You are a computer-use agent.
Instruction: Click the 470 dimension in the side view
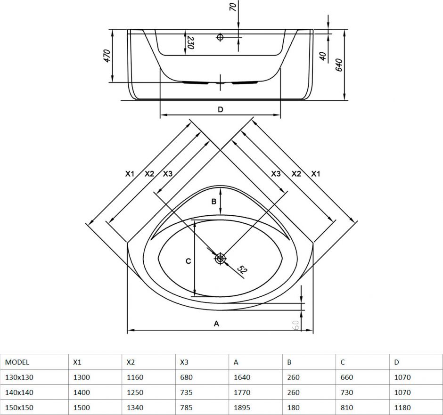[107, 56]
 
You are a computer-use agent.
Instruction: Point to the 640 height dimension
[339, 65]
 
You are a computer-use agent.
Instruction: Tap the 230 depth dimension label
[190, 42]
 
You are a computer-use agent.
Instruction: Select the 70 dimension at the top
[233, 6]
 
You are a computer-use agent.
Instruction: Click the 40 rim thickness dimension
[323, 56]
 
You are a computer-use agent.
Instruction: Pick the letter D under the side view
[221, 110]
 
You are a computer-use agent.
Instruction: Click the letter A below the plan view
[216, 324]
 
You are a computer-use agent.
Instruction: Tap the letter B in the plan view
[214, 202]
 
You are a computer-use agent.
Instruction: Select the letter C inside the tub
[188, 261]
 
